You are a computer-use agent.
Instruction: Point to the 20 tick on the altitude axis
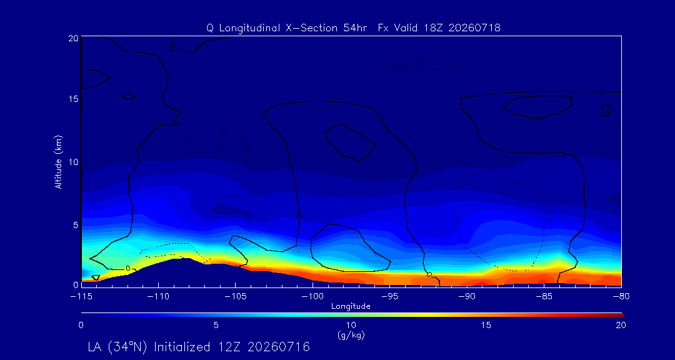[74, 38]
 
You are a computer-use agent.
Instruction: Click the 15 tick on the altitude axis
[74, 99]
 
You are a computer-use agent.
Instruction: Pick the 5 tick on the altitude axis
[76, 225]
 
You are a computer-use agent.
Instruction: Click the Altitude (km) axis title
[59, 161]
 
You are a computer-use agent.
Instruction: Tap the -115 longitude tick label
[81, 296]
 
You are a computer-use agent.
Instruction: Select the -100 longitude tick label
[312, 296]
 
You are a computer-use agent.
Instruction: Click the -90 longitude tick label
[467, 296]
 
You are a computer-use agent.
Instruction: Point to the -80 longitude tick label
[621, 296]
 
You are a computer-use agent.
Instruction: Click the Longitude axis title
[351, 307]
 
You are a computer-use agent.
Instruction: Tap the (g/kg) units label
[351, 334]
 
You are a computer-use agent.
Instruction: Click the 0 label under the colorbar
[81, 326]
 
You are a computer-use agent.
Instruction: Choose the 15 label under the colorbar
[486, 326]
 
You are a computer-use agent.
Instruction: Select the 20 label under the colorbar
[621, 326]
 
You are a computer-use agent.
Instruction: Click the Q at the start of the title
[209, 28]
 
